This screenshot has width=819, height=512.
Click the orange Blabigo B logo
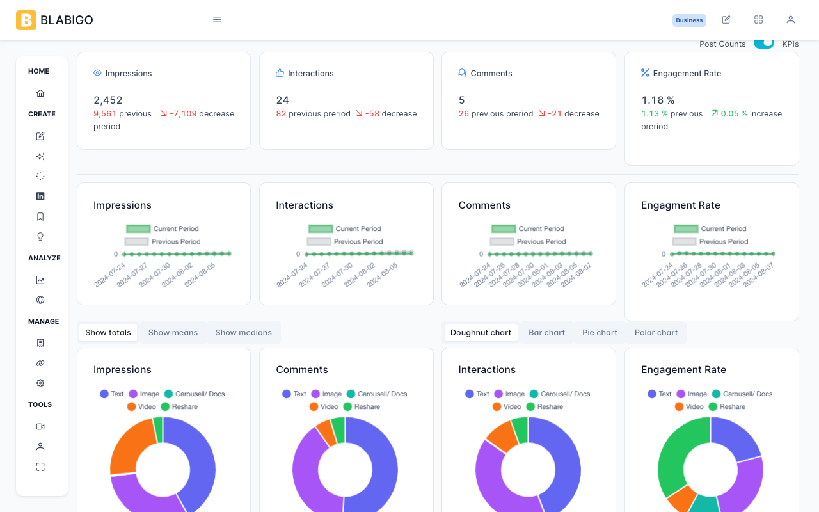26,20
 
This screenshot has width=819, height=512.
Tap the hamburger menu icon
217,20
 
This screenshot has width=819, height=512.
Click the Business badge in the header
689,20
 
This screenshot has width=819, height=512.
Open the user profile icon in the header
790,20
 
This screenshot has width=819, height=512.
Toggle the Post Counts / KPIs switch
764,44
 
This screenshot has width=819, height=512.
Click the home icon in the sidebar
40,93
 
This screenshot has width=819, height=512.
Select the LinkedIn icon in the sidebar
40,196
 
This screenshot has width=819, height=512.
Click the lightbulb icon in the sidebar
40,237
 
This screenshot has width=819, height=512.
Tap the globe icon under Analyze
40,300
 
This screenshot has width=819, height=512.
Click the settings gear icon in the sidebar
40,383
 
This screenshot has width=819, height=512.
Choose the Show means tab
173,332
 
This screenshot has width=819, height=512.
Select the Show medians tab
244,332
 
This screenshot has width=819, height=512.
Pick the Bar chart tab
546,332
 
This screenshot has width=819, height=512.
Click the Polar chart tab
656,332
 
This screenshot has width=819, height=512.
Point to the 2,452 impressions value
108,100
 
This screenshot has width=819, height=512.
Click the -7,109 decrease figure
183,114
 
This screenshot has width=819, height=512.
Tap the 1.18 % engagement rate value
658,100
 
